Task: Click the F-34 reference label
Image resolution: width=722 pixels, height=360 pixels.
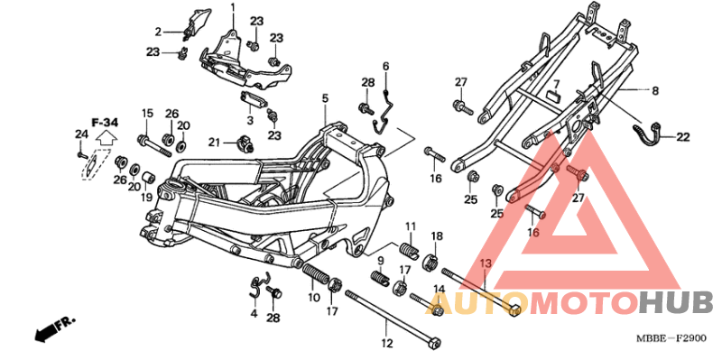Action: [x=105, y=121]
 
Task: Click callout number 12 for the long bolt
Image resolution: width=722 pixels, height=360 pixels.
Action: [x=386, y=343]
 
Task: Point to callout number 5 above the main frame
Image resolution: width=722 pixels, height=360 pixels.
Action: [x=323, y=97]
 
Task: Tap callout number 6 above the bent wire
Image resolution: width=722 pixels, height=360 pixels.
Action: [x=384, y=66]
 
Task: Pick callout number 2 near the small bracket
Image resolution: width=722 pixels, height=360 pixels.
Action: [x=156, y=31]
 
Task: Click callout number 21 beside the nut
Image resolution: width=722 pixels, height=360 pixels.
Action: [x=214, y=142]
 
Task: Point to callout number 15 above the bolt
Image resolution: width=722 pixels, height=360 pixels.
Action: [x=144, y=113]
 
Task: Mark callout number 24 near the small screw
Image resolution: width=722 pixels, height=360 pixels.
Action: [x=79, y=134]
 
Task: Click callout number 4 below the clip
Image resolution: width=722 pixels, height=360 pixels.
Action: [x=255, y=313]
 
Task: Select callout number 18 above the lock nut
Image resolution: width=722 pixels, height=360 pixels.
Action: [x=436, y=236]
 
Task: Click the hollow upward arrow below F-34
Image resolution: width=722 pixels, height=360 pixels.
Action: [x=105, y=139]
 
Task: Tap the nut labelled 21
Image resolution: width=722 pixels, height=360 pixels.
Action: [x=242, y=143]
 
